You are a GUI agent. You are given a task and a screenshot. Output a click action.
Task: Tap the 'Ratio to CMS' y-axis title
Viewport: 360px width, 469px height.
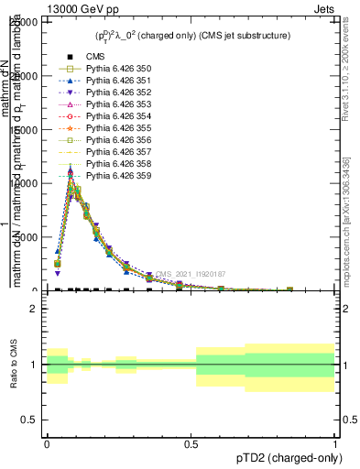pos(13,365)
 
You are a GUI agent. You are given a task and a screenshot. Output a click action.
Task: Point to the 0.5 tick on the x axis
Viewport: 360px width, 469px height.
pos(191,443)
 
